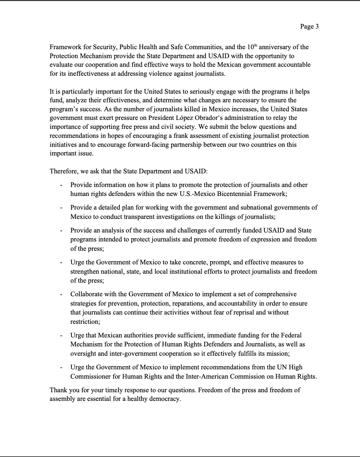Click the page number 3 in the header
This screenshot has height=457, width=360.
(317, 27)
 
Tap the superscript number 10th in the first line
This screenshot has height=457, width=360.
(252, 46)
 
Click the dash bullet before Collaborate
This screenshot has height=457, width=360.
(61, 294)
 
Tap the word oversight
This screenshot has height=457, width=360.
(83, 353)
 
